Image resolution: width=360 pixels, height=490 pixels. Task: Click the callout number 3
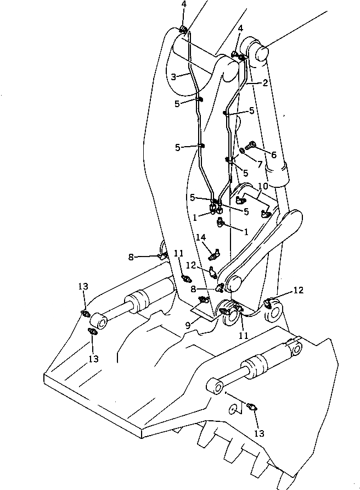[x=173, y=76]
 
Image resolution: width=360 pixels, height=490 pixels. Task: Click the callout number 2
[x=265, y=83]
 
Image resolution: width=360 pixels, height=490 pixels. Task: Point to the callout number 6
[x=273, y=155]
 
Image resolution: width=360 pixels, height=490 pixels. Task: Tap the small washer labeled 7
[x=243, y=151]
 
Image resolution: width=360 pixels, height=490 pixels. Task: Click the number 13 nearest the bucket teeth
[x=260, y=433]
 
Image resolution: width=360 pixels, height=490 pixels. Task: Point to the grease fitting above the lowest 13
[x=253, y=407]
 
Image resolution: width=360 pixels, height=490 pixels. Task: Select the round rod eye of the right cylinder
[x=215, y=387]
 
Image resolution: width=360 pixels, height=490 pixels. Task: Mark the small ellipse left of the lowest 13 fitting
[x=233, y=409]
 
